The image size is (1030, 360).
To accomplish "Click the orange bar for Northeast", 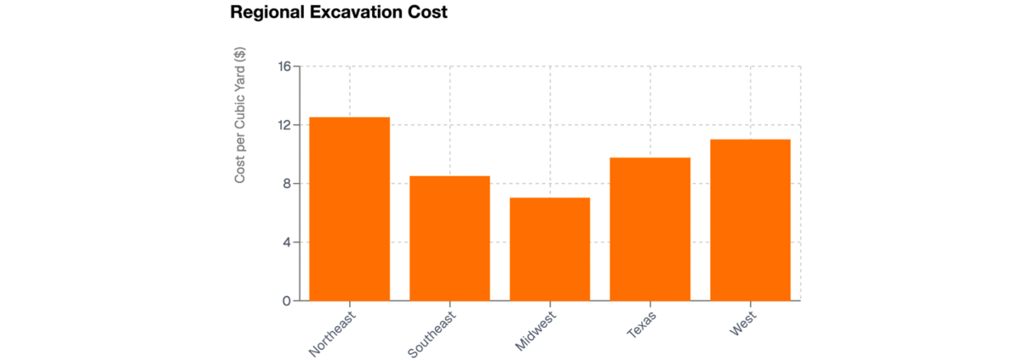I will coord(349,209).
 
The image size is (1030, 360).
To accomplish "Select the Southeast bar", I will coord(449,238).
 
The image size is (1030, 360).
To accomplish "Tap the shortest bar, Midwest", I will coord(550,249).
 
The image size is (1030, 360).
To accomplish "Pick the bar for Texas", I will coord(650,229).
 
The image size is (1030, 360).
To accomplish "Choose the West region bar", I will coord(750,220).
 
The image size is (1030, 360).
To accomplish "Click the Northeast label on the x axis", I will coord(333,334).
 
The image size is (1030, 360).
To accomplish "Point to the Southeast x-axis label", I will coord(432,334).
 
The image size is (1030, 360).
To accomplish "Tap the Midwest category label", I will coord(535,332).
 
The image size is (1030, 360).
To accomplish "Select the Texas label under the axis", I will coord(642,325).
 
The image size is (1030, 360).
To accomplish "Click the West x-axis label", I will coord(743,324).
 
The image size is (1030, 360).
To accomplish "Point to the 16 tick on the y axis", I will coord(284,66).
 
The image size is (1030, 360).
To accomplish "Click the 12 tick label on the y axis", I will coord(284,125).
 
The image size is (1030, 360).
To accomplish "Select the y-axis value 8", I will coord(287,184).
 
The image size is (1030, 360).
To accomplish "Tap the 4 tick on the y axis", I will coord(287,243).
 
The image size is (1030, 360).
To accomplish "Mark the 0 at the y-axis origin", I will coord(287,301).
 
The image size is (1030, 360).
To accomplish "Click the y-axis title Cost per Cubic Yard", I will coord(241,115).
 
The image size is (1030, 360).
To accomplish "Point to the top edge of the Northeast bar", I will coord(349,117).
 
